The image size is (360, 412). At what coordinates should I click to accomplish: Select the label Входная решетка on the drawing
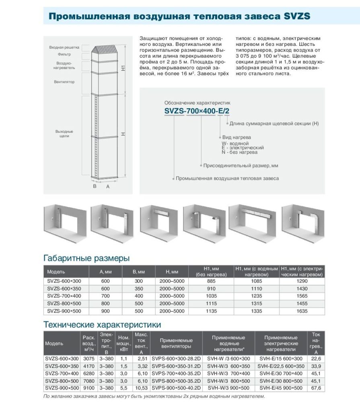click(x=64, y=47)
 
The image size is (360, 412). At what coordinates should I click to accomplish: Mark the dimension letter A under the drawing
click(x=108, y=187)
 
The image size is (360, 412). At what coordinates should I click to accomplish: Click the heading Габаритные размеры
click(x=86, y=258)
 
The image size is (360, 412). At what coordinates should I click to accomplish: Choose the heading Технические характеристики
click(x=102, y=324)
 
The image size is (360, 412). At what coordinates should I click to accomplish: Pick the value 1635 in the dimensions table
click(x=302, y=311)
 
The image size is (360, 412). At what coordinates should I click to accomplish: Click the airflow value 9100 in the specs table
click(x=88, y=388)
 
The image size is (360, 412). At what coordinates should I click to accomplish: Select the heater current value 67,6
click(x=316, y=388)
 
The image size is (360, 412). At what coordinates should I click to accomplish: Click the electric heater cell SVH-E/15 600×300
click(x=281, y=358)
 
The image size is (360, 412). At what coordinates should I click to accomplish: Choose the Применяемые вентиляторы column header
click(x=177, y=343)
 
